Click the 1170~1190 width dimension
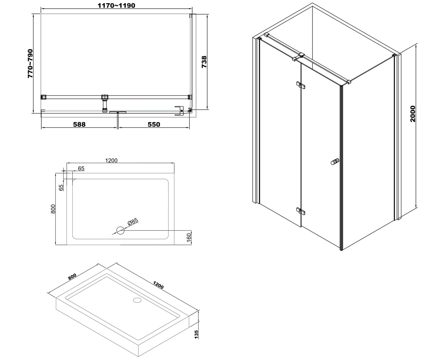click(116, 5)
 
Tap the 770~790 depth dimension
click(30, 63)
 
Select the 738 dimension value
click(204, 62)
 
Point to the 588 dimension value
click(79, 124)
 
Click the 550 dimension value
click(154, 124)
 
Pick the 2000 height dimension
click(413, 114)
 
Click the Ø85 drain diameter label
click(133, 222)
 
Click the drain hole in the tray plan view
click(120, 230)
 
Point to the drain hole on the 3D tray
click(137, 300)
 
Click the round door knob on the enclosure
click(335, 162)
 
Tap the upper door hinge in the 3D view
click(301, 85)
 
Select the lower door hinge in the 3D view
click(301, 211)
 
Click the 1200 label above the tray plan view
click(111, 160)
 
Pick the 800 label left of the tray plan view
click(53, 209)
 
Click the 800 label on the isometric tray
click(72, 276)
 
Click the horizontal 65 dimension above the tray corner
click(81, 168)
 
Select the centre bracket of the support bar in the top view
click(105, 103)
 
